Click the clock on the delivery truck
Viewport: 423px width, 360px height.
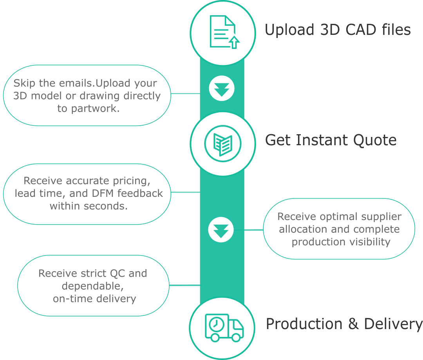click(215, 324)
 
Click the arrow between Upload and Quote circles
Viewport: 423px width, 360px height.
click(222, 89)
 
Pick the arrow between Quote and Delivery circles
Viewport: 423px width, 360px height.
click(221, 230)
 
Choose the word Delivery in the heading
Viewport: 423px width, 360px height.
click(393, 324)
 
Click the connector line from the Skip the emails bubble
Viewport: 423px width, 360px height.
click(185, 94)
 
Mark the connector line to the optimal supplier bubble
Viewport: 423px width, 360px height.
click(254, 230)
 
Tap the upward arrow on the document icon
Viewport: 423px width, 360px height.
click(234, 42)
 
